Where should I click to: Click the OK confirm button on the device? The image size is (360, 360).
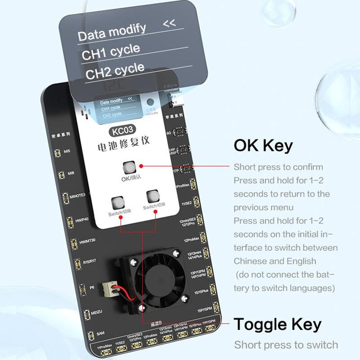click(x=128, y=167)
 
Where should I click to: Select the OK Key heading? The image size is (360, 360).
click(x=263, y=146)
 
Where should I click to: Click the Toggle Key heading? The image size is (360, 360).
click(x=277, y=324)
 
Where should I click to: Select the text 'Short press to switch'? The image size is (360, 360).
click(x=286, y=344)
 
